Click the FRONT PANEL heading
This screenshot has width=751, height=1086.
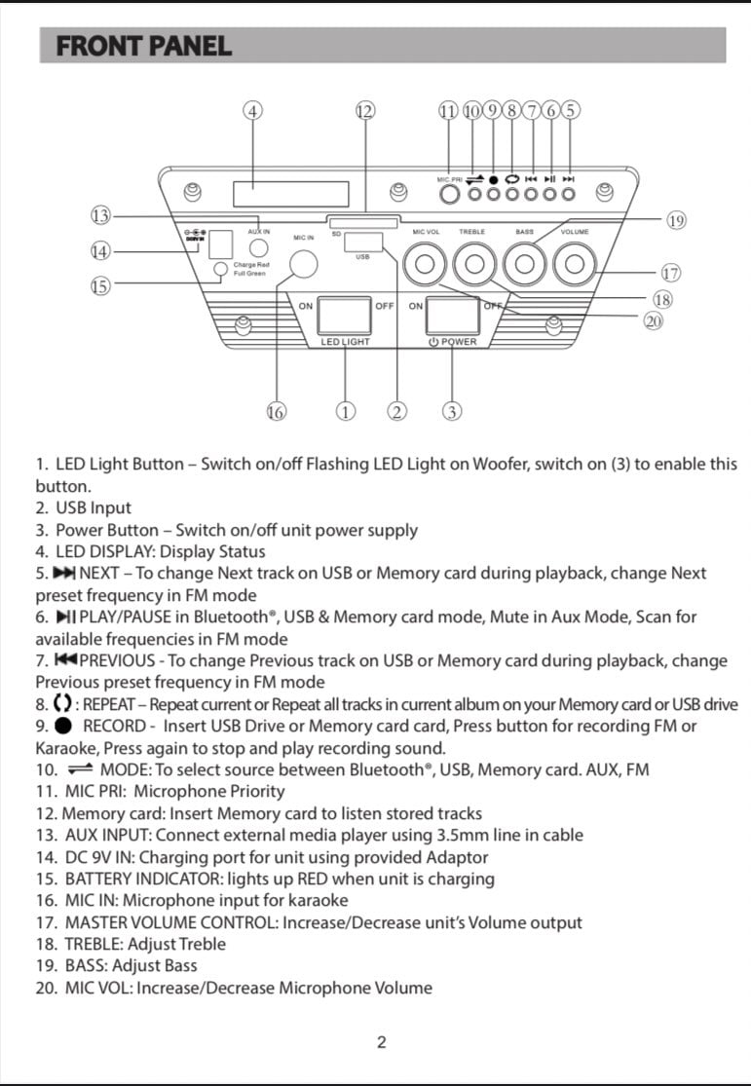point(144,47)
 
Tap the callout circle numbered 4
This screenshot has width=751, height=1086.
point(253,111)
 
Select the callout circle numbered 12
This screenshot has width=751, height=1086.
point(365,111)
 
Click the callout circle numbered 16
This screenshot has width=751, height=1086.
point(276,412)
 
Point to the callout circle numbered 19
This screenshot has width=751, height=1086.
point(676,220)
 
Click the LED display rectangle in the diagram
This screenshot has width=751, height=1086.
point(291,194)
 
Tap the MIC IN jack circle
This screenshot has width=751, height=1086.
point(303,264)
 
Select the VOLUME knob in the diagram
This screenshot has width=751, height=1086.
point(575,263)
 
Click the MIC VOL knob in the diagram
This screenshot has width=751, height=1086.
point(425,263)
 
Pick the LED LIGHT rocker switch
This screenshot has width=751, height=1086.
point(344,316)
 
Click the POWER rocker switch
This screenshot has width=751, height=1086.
point(452,316)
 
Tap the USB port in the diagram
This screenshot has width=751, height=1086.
point(363,242)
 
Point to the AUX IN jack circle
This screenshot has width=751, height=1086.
point(258,247)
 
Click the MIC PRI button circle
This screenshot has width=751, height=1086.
point(450,194)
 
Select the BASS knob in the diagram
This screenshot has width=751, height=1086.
point(524,263)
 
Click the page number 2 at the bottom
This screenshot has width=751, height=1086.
point(381,1042)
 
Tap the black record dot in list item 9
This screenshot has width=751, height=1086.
point(63,726)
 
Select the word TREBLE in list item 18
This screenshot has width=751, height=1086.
point(94,944)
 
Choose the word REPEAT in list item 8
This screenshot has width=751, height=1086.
point(109,704)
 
